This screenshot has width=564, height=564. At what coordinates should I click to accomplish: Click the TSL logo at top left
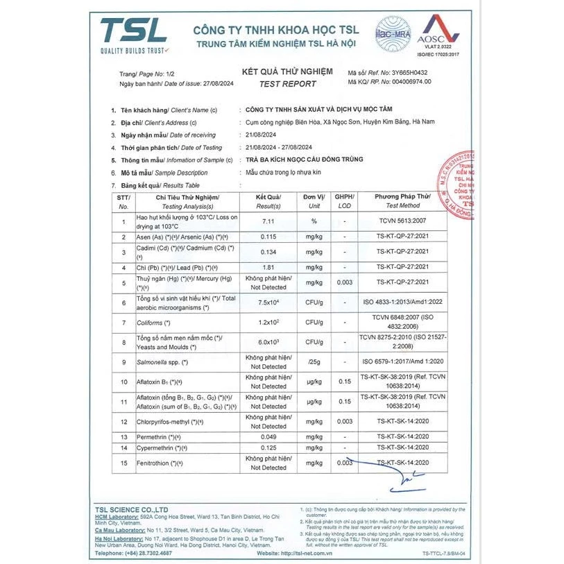(133, 35)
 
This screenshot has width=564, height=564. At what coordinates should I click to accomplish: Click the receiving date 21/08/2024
(262, 135)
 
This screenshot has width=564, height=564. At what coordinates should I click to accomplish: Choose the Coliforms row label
(154, 323)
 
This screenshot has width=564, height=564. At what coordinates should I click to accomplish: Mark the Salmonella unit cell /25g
(314, 361)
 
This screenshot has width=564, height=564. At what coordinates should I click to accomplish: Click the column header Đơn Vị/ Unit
(314, 201)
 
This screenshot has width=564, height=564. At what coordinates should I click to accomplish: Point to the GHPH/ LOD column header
(344, 201)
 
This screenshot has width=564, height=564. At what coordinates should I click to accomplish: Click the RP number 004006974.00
(401, 81)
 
